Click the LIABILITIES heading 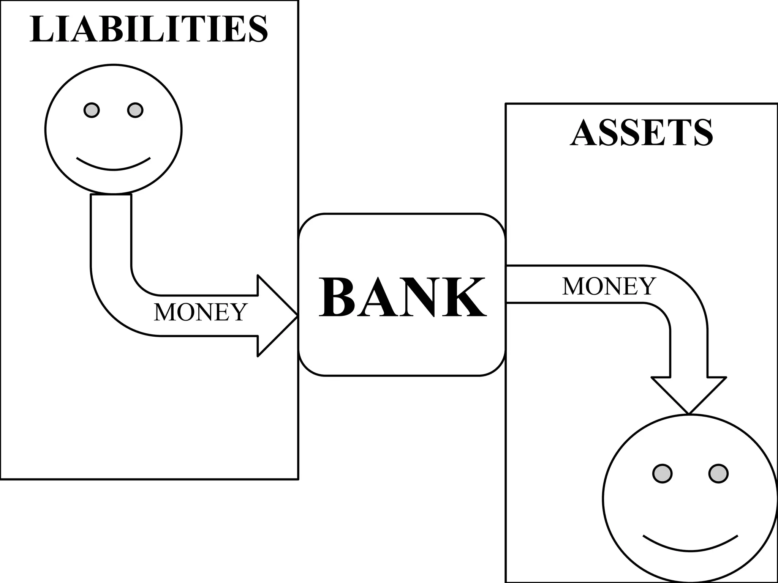coord(149,29)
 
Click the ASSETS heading coord(641,132)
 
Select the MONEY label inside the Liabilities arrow coord(201,312)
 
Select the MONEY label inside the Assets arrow coord(609,286)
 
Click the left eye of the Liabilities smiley coord(92,110)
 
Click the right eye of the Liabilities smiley coord(135,110)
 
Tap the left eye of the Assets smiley coord(663,474)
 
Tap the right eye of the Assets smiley coord(718,474)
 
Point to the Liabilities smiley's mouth coord(113,167)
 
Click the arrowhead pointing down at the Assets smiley coord(689,395)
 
